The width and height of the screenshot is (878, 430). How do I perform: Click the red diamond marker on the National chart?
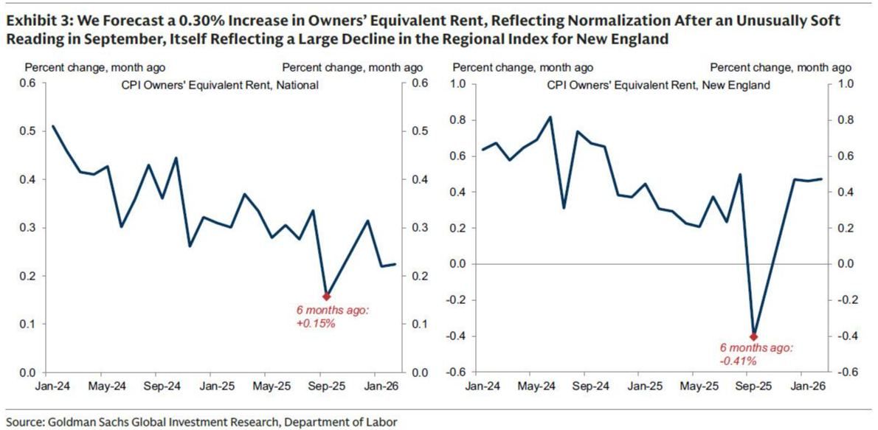coord(327,296)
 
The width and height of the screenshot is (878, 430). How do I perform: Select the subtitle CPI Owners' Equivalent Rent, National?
coord(220,85)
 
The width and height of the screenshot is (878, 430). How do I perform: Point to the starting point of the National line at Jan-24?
coord(52,126)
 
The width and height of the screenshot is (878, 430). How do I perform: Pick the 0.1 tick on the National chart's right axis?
coord(420,325)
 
